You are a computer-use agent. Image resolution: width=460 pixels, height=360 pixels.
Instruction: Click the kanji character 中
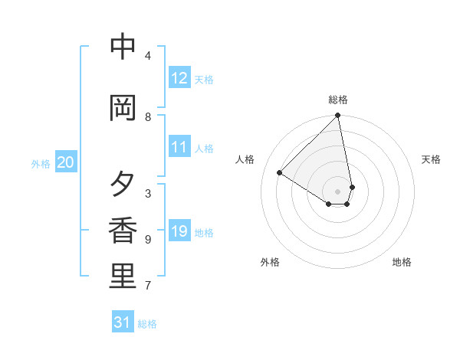[x=123, y=47]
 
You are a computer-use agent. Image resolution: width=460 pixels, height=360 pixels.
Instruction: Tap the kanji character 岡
[x=123, y=109]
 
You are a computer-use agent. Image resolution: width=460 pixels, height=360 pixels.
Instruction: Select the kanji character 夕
[x=123, y=185]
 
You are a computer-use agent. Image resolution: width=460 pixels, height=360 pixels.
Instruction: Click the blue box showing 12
[x=179, y=78]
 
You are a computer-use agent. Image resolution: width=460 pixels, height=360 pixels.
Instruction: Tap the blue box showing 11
[x=179, y=147]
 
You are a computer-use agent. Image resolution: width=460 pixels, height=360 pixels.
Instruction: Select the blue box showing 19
[x=179, y=231]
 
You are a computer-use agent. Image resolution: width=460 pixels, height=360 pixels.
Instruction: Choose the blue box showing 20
[x=66, y=162]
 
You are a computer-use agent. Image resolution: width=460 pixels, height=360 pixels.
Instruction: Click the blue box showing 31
[x=123, y=322]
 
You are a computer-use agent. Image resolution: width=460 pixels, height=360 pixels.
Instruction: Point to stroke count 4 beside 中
[x=148, y=56]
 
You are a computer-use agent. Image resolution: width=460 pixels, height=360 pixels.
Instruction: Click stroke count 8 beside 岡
[x=148, y=117]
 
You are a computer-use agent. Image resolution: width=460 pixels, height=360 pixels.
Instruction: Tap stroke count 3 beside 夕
[x=148, y=193]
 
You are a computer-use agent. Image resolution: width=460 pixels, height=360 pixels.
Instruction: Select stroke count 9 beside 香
[x=148, y=240]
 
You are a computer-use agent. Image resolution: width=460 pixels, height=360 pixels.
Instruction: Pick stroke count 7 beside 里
[x=148, y=286]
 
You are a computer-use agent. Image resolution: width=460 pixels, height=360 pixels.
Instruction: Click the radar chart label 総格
[x=338, y=100]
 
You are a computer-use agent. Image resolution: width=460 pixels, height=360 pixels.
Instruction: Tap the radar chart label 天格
[x=431, y=159]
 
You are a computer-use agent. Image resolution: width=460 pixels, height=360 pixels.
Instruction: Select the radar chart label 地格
[x=402, y=262]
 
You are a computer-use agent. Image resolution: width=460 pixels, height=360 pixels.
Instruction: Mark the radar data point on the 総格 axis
[x=338, y=116]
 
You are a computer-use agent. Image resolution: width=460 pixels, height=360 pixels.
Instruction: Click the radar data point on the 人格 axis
[x=280, y=173]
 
